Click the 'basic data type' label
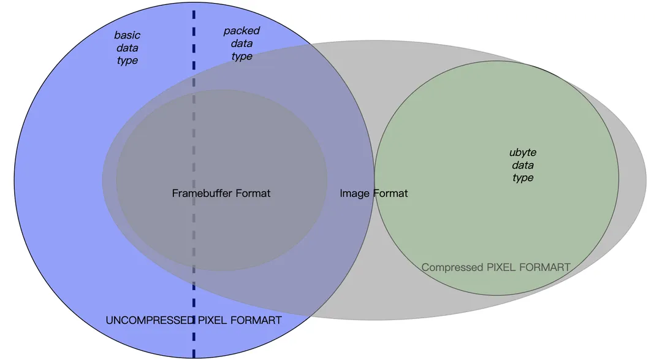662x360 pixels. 127,48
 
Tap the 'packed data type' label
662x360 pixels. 242,44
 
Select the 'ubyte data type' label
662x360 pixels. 523,165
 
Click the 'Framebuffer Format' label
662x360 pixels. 221,193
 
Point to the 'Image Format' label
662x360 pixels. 374,193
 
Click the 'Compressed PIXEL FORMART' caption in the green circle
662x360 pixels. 496,267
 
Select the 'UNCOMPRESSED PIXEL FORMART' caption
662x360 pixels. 194,320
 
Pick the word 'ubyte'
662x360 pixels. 523,153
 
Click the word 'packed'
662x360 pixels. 242,31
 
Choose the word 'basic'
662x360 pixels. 127,35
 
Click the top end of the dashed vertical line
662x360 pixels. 194,12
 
